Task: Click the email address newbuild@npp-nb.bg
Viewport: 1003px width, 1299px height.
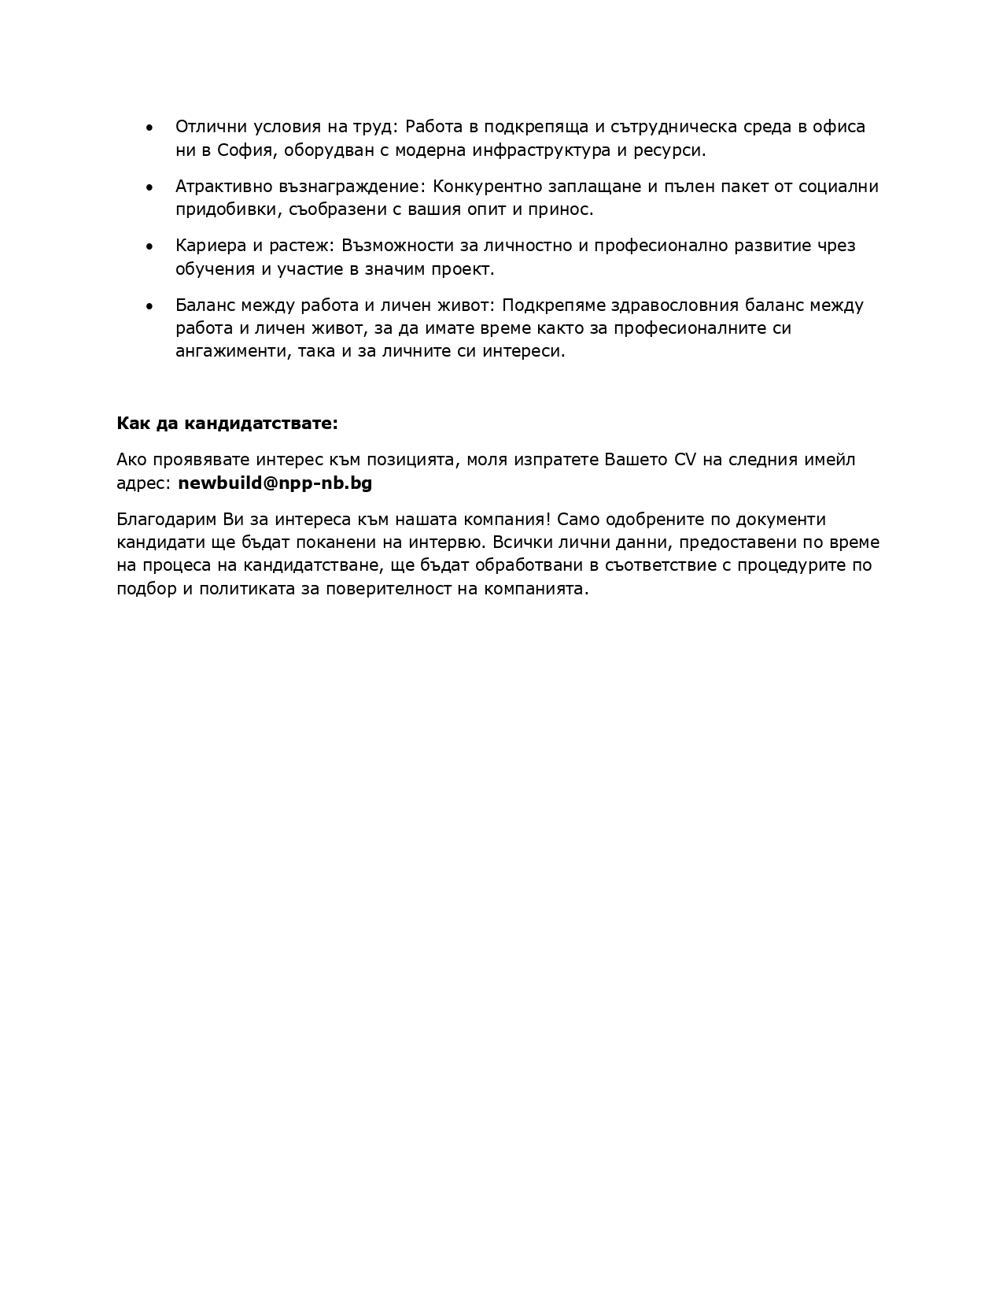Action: (x=275, y=483)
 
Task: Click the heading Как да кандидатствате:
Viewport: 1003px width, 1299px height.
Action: (x=227, y=424)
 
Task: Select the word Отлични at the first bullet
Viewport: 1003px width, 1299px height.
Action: (x=205, y=128)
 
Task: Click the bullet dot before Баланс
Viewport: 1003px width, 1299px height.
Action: (x=149, y=306)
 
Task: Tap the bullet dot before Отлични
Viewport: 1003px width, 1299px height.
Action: (x=149, y=128)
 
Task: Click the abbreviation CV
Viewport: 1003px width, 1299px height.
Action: (x=685, y=460)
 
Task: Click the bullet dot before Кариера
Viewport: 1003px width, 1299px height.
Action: (x=149, y=246)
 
